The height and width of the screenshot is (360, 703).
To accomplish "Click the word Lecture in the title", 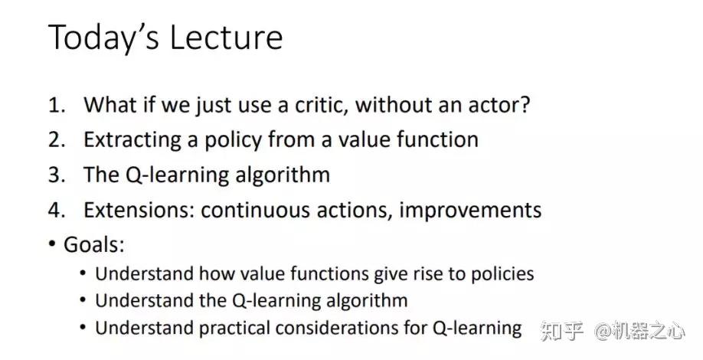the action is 226,37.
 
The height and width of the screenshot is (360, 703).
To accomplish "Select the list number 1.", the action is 57,106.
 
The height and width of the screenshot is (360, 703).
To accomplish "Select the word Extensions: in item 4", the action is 139,210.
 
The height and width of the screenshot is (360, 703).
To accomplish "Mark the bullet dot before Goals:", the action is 52,244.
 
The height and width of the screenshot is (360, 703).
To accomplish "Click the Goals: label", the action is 93,244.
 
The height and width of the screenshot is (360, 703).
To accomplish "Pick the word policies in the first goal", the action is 502,274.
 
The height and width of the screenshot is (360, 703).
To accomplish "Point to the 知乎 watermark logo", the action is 562,331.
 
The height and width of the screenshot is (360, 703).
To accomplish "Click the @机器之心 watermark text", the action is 639,331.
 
